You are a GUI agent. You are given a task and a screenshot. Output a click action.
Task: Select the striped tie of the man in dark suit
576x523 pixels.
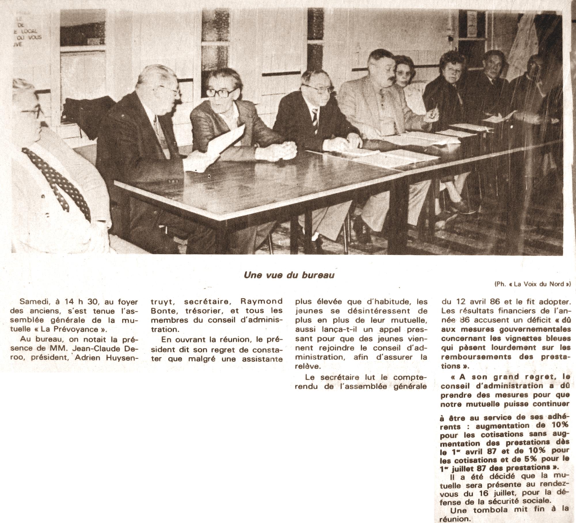coord(315,118)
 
